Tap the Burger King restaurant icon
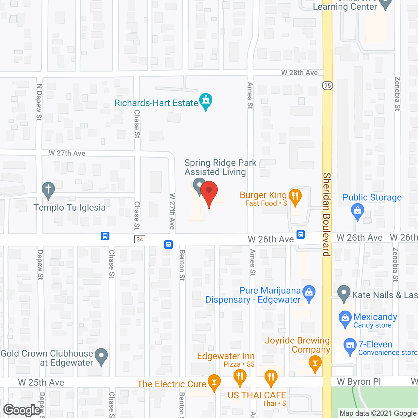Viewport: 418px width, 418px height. click(295, 196)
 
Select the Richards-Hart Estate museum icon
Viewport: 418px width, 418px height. click(206, 100)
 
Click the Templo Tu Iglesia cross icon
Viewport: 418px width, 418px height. click(48, 189)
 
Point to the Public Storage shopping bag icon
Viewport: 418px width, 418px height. click(357, 211)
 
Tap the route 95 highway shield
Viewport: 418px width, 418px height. click(327, 86)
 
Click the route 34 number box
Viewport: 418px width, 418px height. click(140, 239)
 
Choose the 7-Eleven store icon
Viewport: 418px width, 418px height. click(350, 346)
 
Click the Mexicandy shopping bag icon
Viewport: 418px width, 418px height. click(345, 318)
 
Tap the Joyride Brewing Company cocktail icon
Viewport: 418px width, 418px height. click(315, 363)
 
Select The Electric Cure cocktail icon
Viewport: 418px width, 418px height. click(214, 382)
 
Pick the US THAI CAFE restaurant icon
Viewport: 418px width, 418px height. click(271, 377)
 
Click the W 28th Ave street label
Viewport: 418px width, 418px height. click(299, 73)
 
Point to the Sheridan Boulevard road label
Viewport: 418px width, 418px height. click(327, 215)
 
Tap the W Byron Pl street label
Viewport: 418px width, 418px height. click(359, 382)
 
